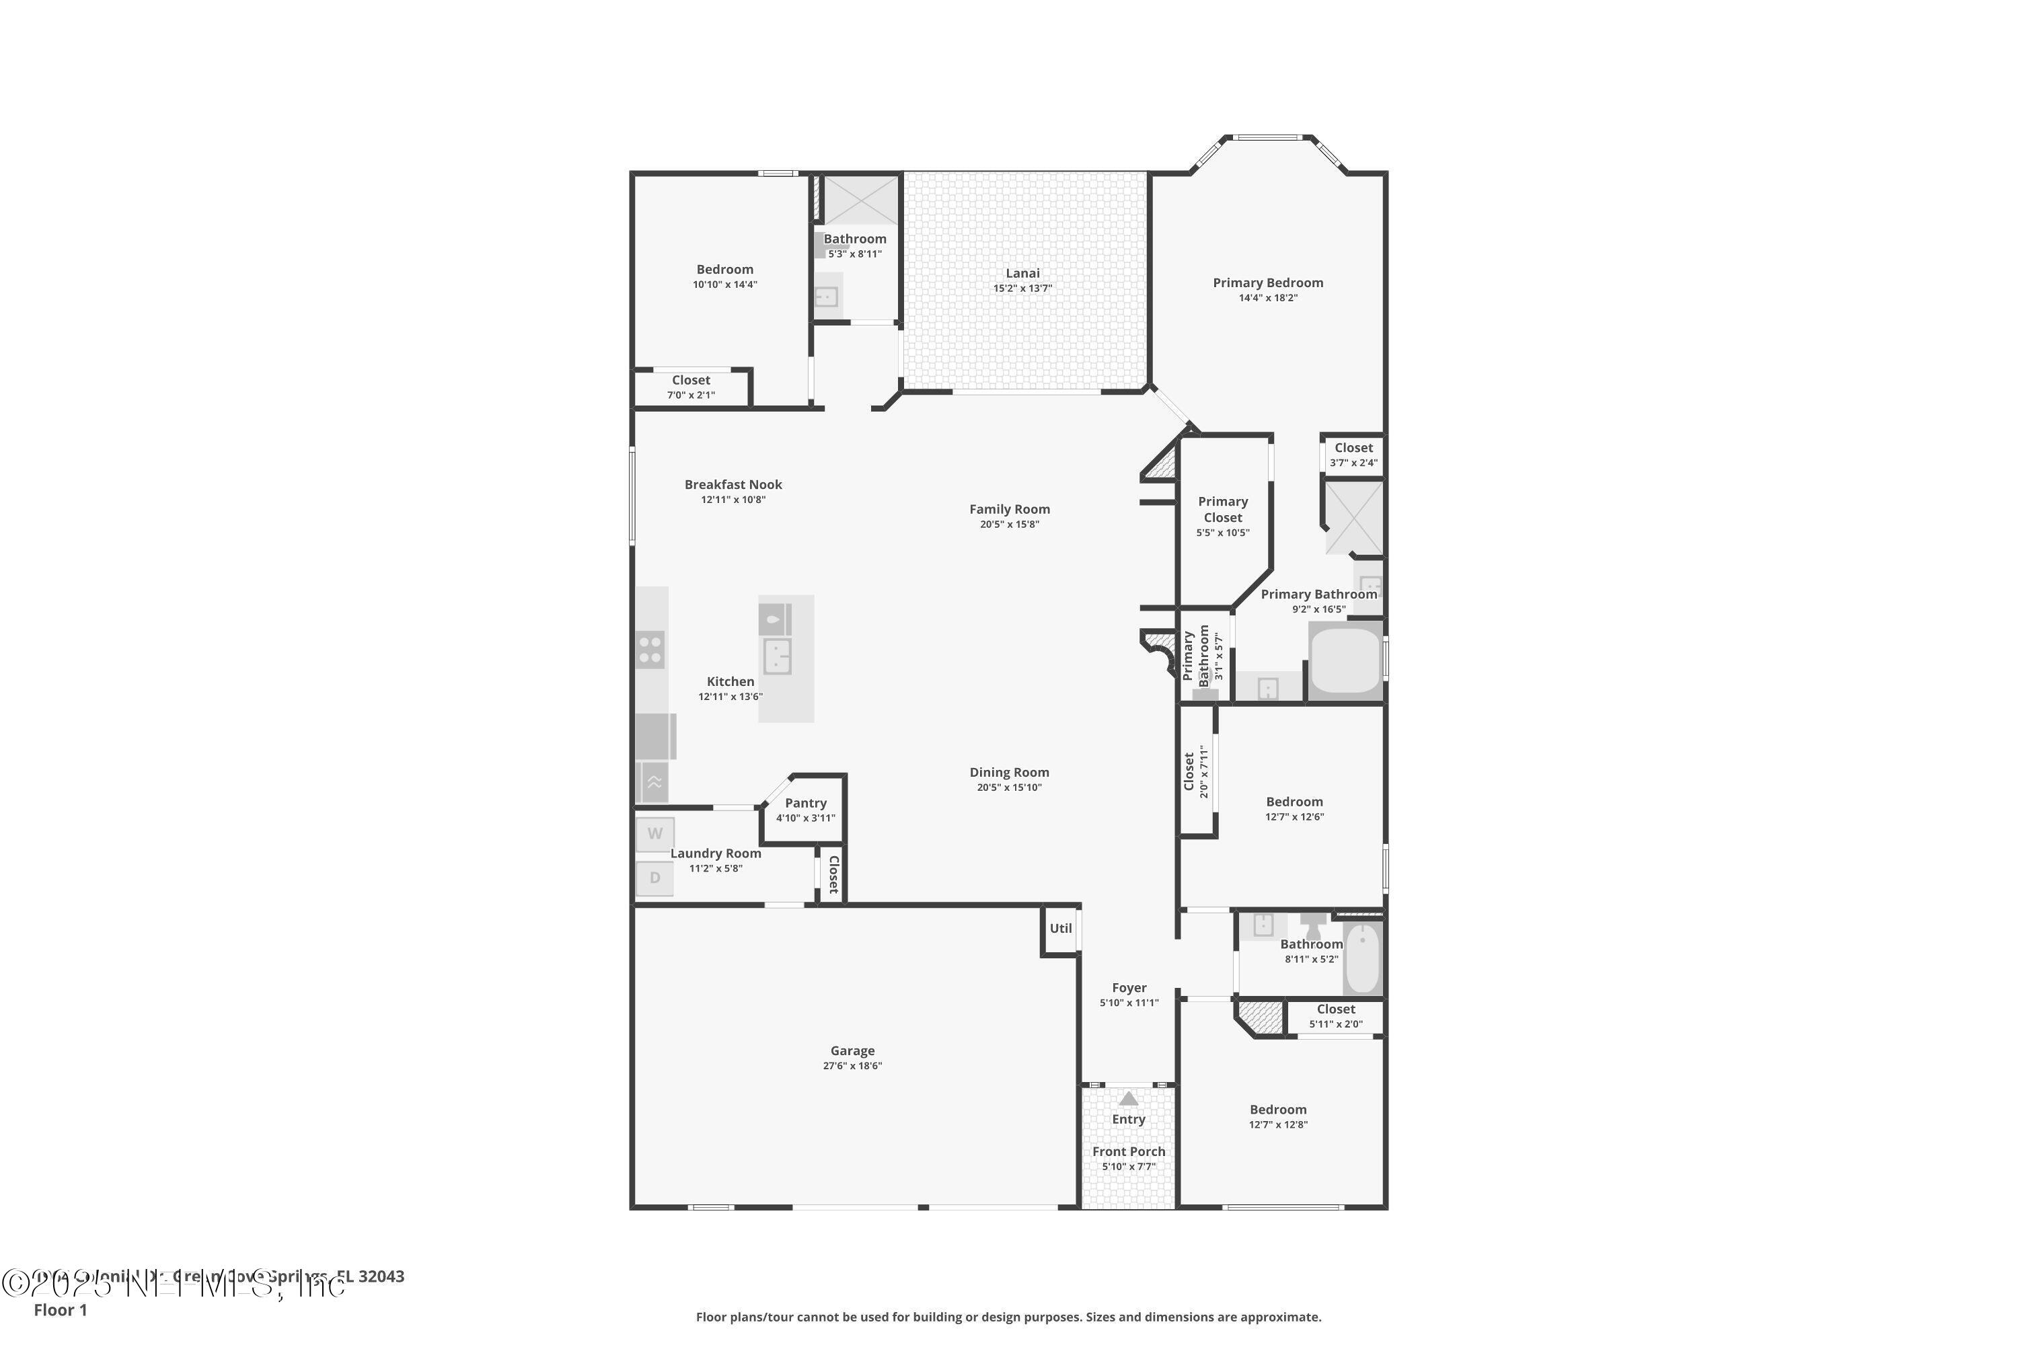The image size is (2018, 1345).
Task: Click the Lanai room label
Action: tap(1022, 274)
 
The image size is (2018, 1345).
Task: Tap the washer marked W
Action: tap(655, 834)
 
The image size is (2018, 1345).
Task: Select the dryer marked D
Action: tap(655, 878)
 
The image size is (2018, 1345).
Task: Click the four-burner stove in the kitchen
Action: tap(650, 650)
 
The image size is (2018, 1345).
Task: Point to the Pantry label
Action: tap(806, 804)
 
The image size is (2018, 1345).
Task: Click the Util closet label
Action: tap(1061, 928)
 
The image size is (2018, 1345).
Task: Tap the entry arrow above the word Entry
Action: tap(1128, 1099)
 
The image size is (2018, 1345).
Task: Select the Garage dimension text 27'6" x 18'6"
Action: tap(852, 1066)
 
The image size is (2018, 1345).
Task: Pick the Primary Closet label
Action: tap(1223, 510)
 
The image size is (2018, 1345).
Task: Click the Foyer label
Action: tap(1129, 988)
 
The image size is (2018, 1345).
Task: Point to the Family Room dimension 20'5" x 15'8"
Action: tap(1009, 524)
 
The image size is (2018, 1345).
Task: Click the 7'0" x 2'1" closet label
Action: tap(691, 395)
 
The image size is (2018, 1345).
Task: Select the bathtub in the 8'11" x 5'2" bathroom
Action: tap(1361, 958)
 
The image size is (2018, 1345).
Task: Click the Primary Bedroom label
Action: tap(1267, 283)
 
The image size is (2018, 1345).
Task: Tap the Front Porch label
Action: tap(1128, 1152)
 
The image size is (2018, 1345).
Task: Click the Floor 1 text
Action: tap(60, 1310)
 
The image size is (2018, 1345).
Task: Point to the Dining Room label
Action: tap(1009, 773)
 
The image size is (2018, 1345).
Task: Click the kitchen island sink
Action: tap(776, 656)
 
